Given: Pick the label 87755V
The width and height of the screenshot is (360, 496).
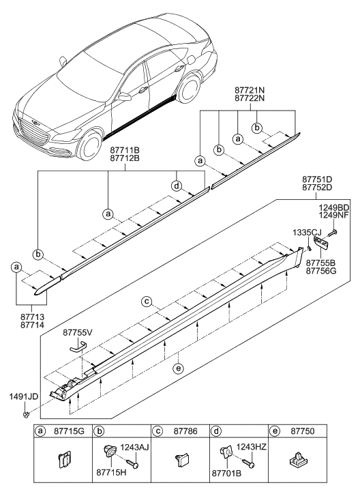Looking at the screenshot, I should [78, 332].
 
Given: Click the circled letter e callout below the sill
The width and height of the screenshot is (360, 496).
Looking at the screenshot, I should [179, 369].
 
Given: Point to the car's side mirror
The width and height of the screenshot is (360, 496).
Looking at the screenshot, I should [124, 97].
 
